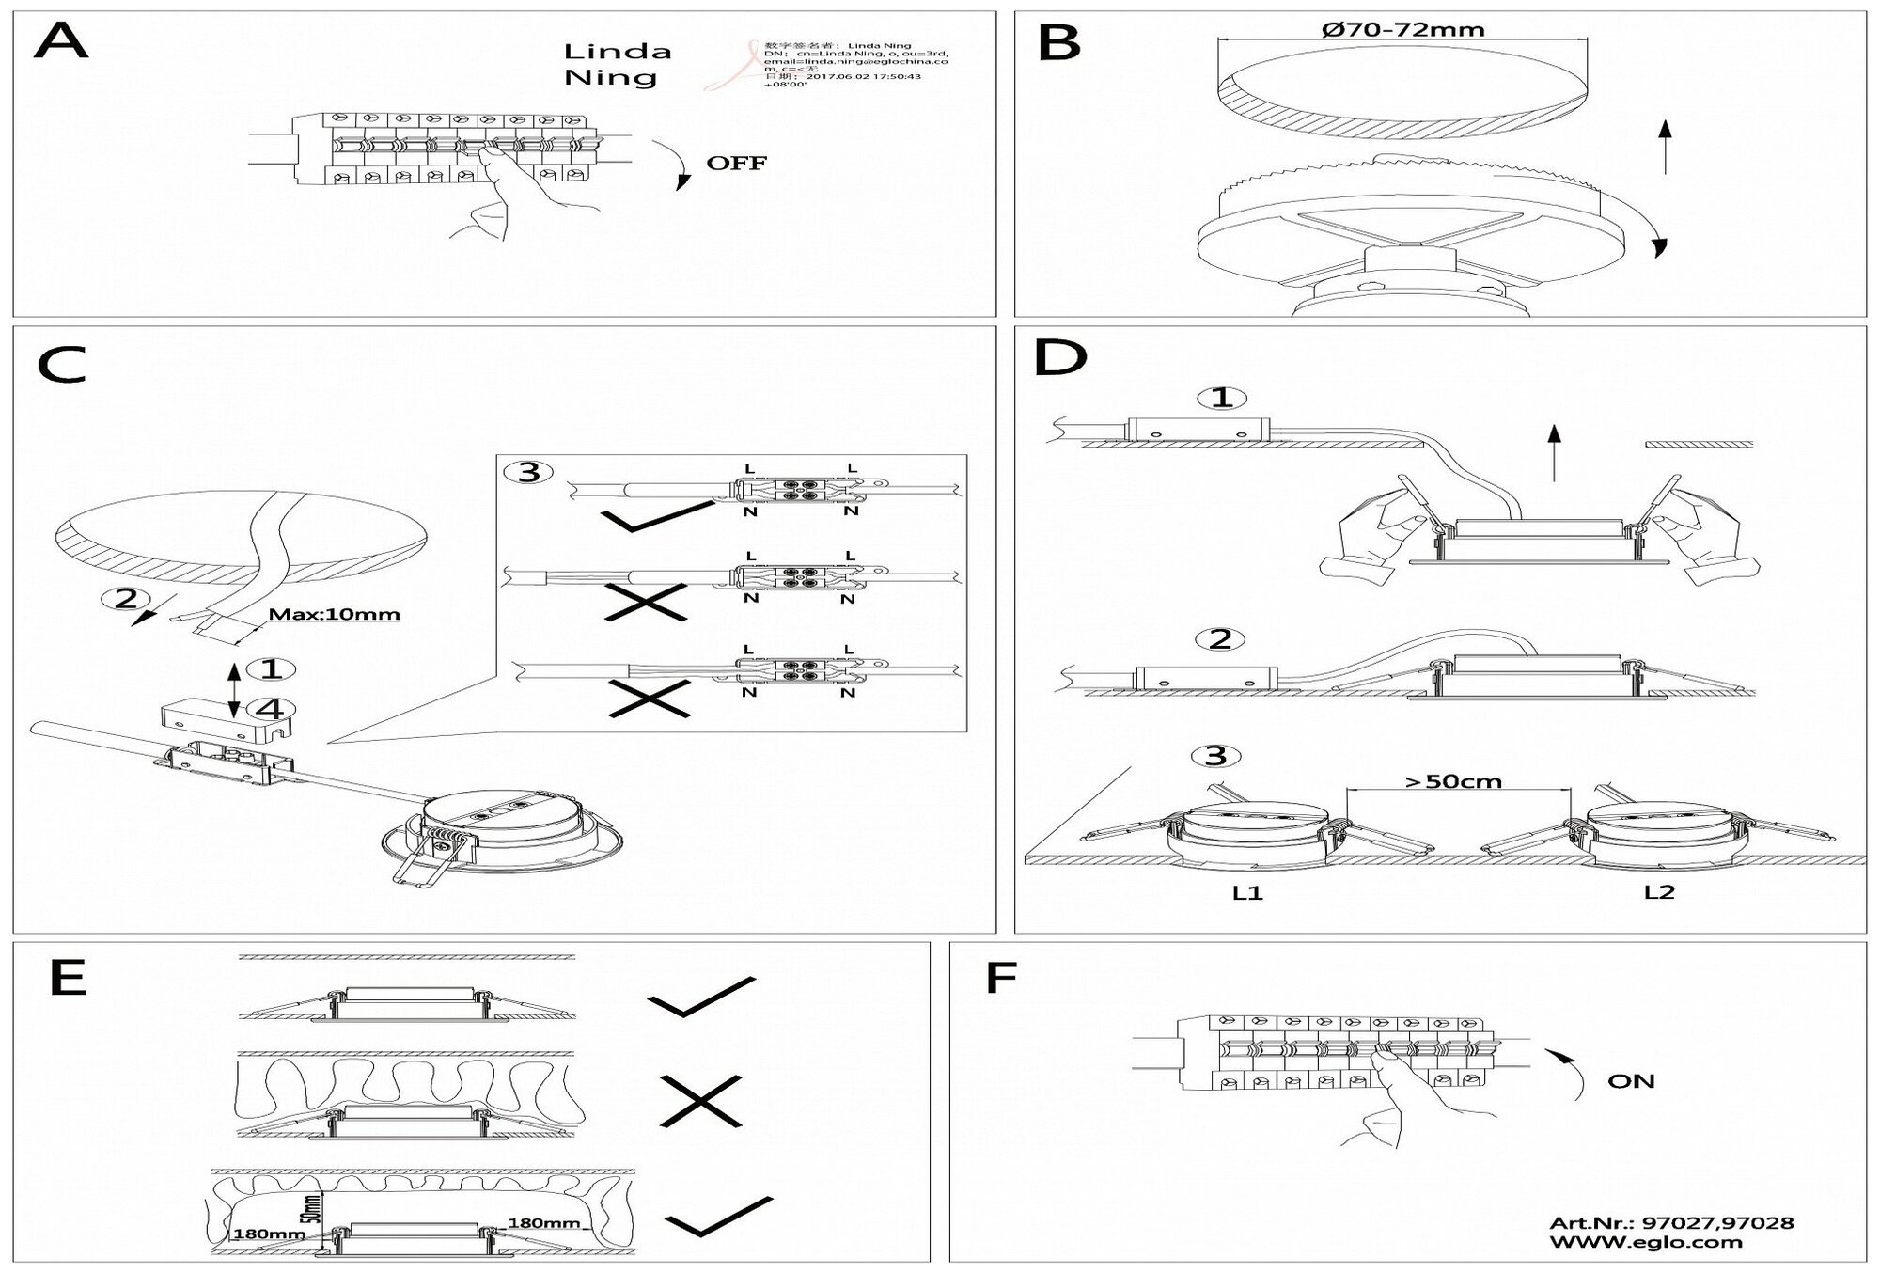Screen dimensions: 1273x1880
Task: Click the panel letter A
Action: point(61,42)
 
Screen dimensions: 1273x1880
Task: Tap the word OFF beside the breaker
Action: point(736,163)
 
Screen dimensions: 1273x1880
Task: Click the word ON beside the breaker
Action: point(1631,1080)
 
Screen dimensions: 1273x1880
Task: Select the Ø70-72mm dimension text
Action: point(1402,29)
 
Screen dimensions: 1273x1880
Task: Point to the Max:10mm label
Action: point(334,615)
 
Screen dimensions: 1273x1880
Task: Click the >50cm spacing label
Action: point(1452,780)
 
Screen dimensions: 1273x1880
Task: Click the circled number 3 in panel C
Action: point(529,471)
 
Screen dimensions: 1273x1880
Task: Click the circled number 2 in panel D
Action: point(1219,639)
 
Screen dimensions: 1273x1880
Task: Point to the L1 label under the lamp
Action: point(1247,893)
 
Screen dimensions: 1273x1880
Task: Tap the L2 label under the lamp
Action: point(1659,892)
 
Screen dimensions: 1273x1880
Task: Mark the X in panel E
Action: point(700,1102)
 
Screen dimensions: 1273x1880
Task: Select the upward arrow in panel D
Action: point(1554,451)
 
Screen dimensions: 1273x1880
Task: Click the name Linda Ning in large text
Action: point(617,64)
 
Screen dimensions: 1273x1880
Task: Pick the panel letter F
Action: point(1001,978)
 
